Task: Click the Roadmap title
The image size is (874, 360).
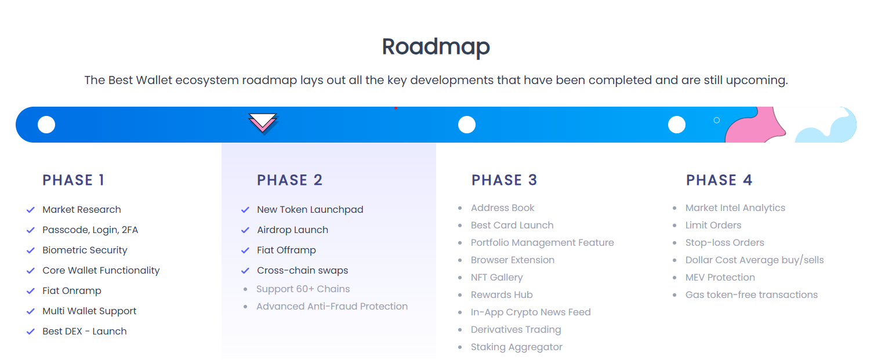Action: pos(436,47)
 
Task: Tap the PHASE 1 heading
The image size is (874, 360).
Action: pos(73,180)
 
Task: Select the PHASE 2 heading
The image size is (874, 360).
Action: pos(289,180)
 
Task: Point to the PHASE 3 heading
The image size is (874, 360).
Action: pos(504,180)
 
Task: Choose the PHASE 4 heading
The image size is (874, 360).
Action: pos(719,180)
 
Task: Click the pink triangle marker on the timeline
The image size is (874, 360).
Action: pos(263,123)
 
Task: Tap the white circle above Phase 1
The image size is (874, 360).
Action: pos(46,125)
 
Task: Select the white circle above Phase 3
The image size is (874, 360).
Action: pos(467,125)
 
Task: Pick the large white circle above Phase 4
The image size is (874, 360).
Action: pos(677,125)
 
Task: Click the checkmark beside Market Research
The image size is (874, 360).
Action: pos(31,210)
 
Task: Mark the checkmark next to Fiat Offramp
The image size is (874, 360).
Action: pos(245,250)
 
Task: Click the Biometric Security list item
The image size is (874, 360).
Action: pos(85,250)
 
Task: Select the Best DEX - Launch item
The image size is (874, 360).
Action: pos(85,332)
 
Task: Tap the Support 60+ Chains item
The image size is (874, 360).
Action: pos(303,289)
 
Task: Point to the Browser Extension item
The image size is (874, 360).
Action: pos(513,260)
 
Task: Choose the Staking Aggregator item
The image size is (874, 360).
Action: pos(517,347)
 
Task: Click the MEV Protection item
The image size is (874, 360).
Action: pos(720,277)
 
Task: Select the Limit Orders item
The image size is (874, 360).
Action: pos(713,225)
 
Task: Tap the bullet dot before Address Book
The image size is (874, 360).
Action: pos(460,208)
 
